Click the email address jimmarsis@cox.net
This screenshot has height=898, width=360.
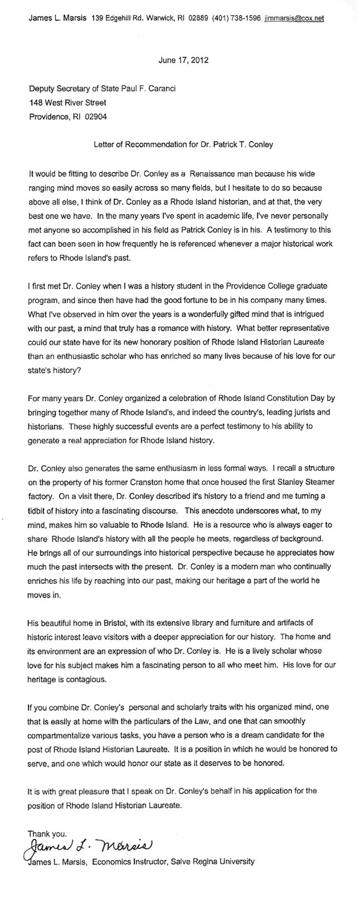294,18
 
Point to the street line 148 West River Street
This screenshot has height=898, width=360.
67,103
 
